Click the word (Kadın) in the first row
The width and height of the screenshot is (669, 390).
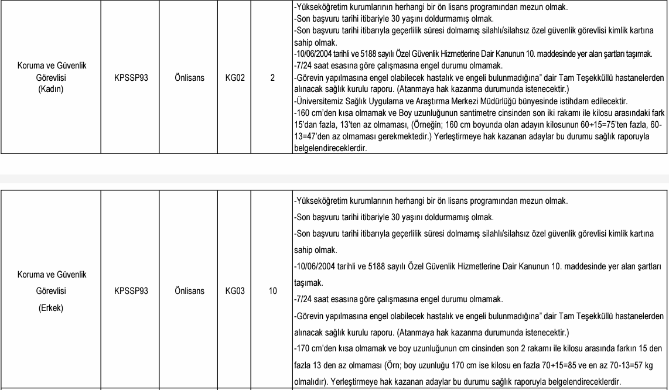[51, 89]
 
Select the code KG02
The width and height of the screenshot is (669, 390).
[234, 77]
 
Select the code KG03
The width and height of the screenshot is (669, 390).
[234, 291]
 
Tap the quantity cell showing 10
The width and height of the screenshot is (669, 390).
[272, 291]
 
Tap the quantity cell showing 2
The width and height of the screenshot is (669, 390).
[272, 77]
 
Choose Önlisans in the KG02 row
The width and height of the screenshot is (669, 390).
[189, 77]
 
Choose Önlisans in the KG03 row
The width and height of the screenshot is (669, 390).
[189, 291]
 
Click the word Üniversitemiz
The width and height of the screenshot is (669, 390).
[319, 101]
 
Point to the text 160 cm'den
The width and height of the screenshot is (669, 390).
[316, 113]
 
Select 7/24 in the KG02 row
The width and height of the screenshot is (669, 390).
[304, 66]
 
